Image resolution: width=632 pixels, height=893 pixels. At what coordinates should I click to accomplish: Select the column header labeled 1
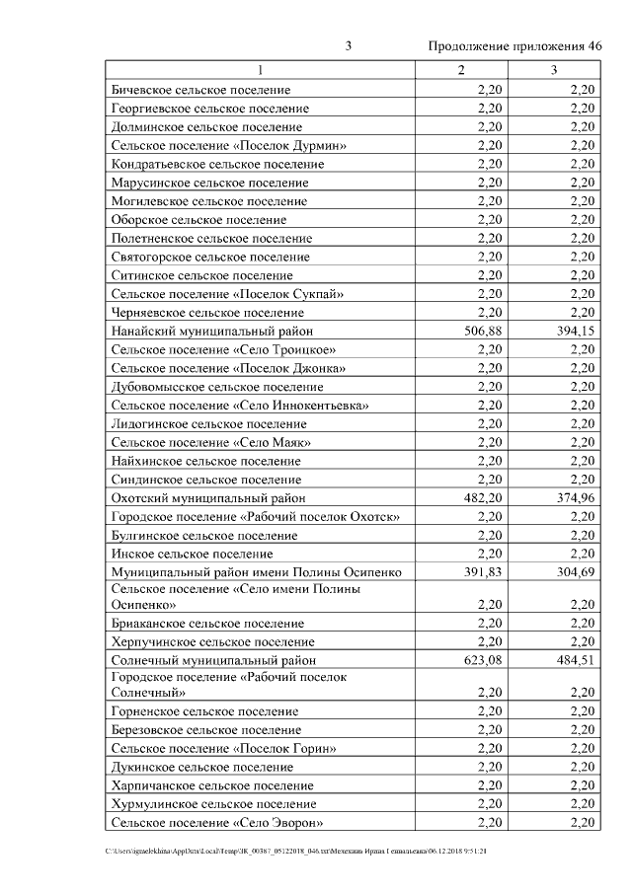click(x=261, y=70)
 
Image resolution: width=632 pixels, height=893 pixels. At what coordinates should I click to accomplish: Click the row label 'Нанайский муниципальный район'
click(x=212, y=332)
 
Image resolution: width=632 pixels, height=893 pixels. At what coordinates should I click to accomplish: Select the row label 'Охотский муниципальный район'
click(x=208, y=498)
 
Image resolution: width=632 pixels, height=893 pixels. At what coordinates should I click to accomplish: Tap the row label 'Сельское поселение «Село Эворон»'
click(x=218, y=823)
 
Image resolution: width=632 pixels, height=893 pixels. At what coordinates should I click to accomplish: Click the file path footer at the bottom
click(x=296, y=851)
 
